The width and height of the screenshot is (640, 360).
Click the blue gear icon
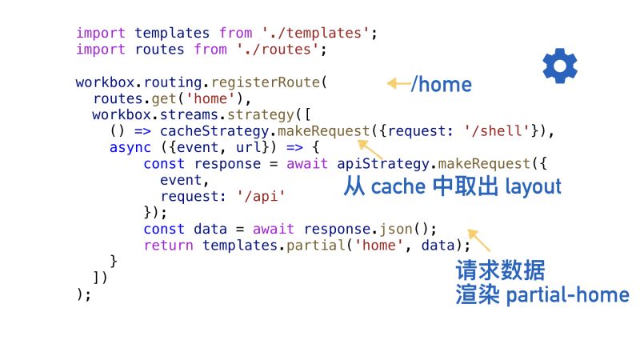click(x=560, y=66)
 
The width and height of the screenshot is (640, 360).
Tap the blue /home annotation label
click(x=441, y=84)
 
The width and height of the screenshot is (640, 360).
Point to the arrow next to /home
click(x=398, y=83)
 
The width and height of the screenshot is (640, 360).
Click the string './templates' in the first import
click(x=316, y=34)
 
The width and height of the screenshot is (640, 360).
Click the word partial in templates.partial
click(x=295, y=245)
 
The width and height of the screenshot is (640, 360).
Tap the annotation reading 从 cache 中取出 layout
click(x=452, y=186)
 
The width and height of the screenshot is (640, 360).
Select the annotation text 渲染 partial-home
click(x=542, y=294)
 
